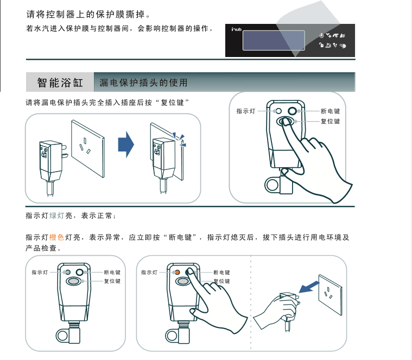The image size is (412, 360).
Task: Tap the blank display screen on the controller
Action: point(274,40)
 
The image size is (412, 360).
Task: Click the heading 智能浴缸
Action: point(60,83)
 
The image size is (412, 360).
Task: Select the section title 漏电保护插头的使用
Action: point(144,83)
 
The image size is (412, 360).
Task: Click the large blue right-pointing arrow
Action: point(126,144)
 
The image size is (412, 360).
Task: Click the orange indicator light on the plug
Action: point(177,272)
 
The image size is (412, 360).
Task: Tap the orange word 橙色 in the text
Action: point(57,237)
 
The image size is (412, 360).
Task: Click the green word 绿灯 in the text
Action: point(57,216)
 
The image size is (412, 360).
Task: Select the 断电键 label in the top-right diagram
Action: point(330,111)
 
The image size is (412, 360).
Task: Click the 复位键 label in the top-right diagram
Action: point(330,122)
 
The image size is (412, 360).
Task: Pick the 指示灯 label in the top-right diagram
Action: point(246,111)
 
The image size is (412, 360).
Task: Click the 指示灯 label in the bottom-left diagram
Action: point(40,272)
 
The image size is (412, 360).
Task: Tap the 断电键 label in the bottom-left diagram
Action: point(112,272)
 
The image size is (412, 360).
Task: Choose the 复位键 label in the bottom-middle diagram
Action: point(221,281)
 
